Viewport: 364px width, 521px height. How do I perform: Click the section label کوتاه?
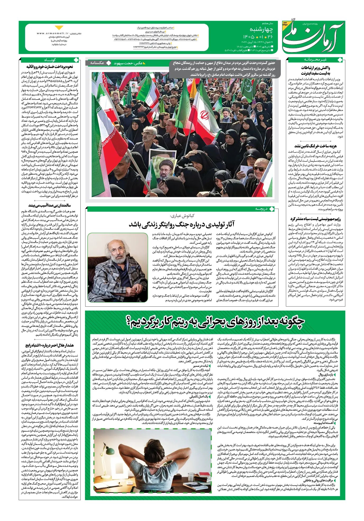click(50, 60)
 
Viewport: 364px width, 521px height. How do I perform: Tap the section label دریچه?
click(261, 209)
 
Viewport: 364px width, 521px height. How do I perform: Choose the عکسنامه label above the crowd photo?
click(97, 63)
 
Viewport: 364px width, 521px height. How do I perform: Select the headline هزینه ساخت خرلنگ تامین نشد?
click(315, 146)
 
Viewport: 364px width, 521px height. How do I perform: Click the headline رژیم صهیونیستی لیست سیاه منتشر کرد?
click(315, 219)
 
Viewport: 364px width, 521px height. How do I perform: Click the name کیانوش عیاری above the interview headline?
click(182, 216)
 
